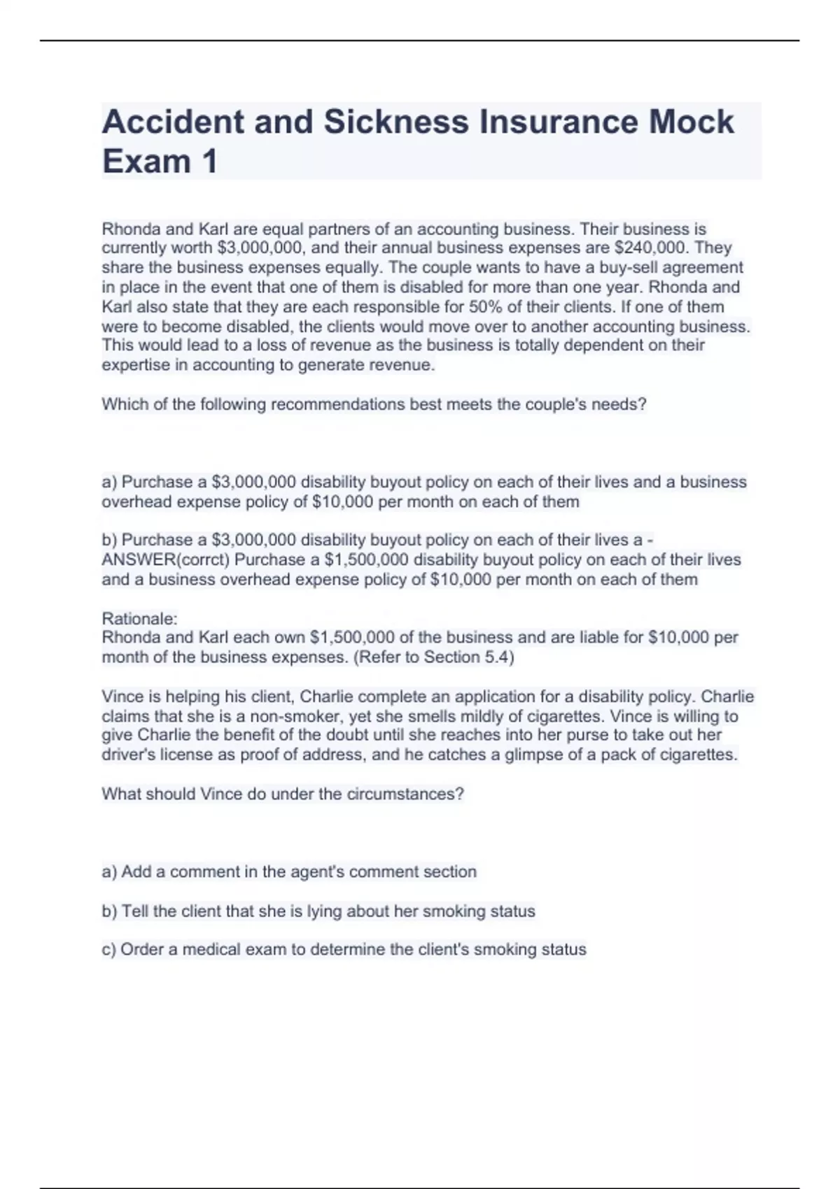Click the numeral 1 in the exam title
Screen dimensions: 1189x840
[209, 162]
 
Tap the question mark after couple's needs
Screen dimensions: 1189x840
[642, 404]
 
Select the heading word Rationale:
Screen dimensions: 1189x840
[140, 618]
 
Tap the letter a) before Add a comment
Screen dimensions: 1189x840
[109, 871]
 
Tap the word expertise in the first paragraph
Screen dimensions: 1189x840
[136, 365]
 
